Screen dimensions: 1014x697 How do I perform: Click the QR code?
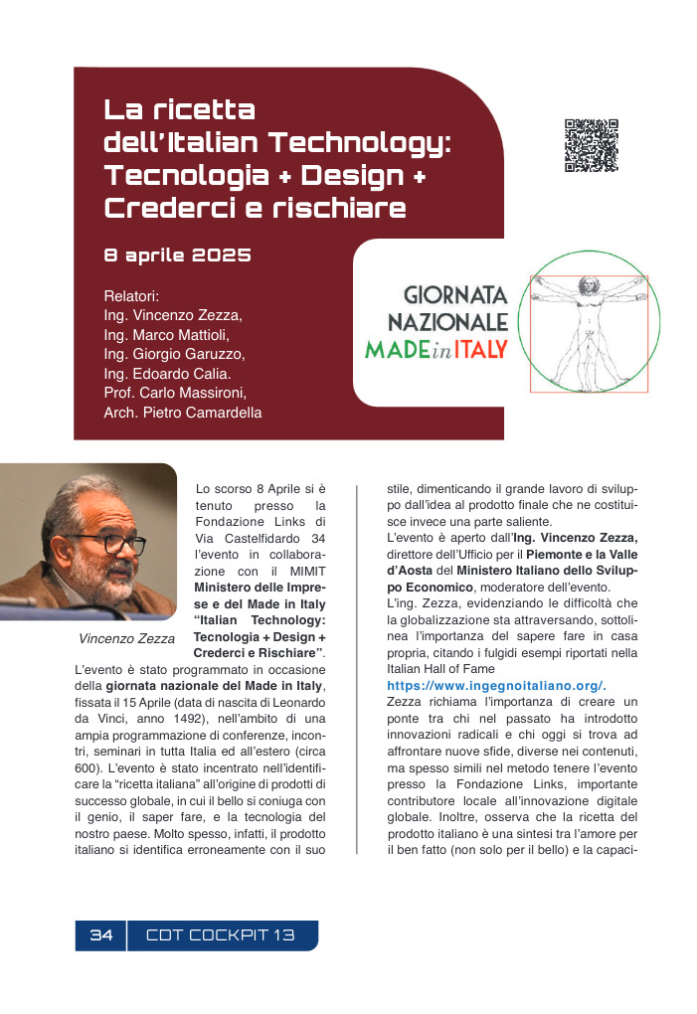coord(592,145)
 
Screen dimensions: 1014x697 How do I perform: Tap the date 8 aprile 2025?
coord(177,255)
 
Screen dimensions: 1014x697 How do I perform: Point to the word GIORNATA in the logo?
coord(455,296)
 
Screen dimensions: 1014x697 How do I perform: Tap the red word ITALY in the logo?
coord(481,349)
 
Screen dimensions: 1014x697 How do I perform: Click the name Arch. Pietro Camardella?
coord(183,412)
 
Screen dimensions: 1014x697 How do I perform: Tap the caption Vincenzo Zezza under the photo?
coord(126,638)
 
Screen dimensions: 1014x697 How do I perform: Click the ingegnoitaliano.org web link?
coord(496,686)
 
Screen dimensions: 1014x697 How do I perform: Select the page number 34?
coord(101,935)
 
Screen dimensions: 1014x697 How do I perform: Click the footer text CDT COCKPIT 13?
coord(221,935)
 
